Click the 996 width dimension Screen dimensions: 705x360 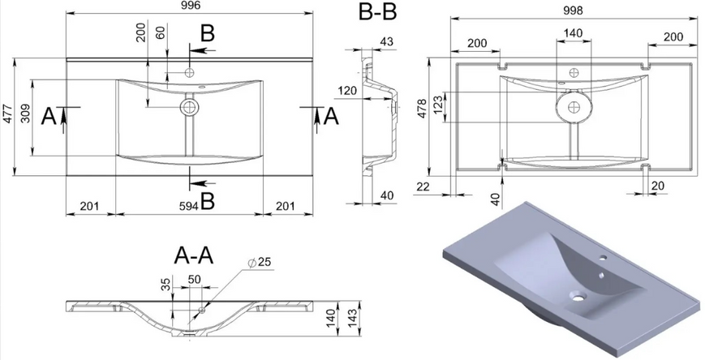(x=189, y=6)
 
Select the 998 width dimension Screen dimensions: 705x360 (x=573, y=10)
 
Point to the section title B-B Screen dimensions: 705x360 (x=378, y=12)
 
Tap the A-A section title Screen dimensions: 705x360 (x=194, y=256)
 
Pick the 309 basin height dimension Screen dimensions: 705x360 (x=25, y=114)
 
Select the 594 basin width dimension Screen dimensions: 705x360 (x=189, y=206)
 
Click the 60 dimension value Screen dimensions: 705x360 (x=160, y=32)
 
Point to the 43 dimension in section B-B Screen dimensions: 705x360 (x=386, y=42)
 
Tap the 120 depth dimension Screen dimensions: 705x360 (x=346, y=91)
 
